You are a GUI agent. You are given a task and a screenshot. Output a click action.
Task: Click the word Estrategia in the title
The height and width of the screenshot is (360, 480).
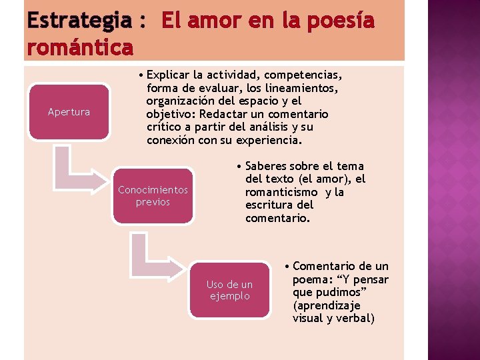pos(79,21)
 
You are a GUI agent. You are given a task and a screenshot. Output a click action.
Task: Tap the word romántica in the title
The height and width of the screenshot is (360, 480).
pos(79,47)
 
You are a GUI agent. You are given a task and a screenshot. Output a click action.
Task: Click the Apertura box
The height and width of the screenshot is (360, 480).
pos(69,112)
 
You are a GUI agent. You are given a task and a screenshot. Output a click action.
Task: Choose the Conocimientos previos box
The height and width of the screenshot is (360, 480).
pos(153,196)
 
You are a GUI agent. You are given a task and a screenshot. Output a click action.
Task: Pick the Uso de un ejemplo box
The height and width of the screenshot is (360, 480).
pos(229,291)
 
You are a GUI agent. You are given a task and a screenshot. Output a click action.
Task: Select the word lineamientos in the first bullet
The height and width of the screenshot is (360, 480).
pos(303,88)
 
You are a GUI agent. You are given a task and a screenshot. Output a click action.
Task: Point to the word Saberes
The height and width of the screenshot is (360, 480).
pos(267,166)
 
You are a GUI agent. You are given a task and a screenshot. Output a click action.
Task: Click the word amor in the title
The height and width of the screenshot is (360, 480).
pos(209,21)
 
